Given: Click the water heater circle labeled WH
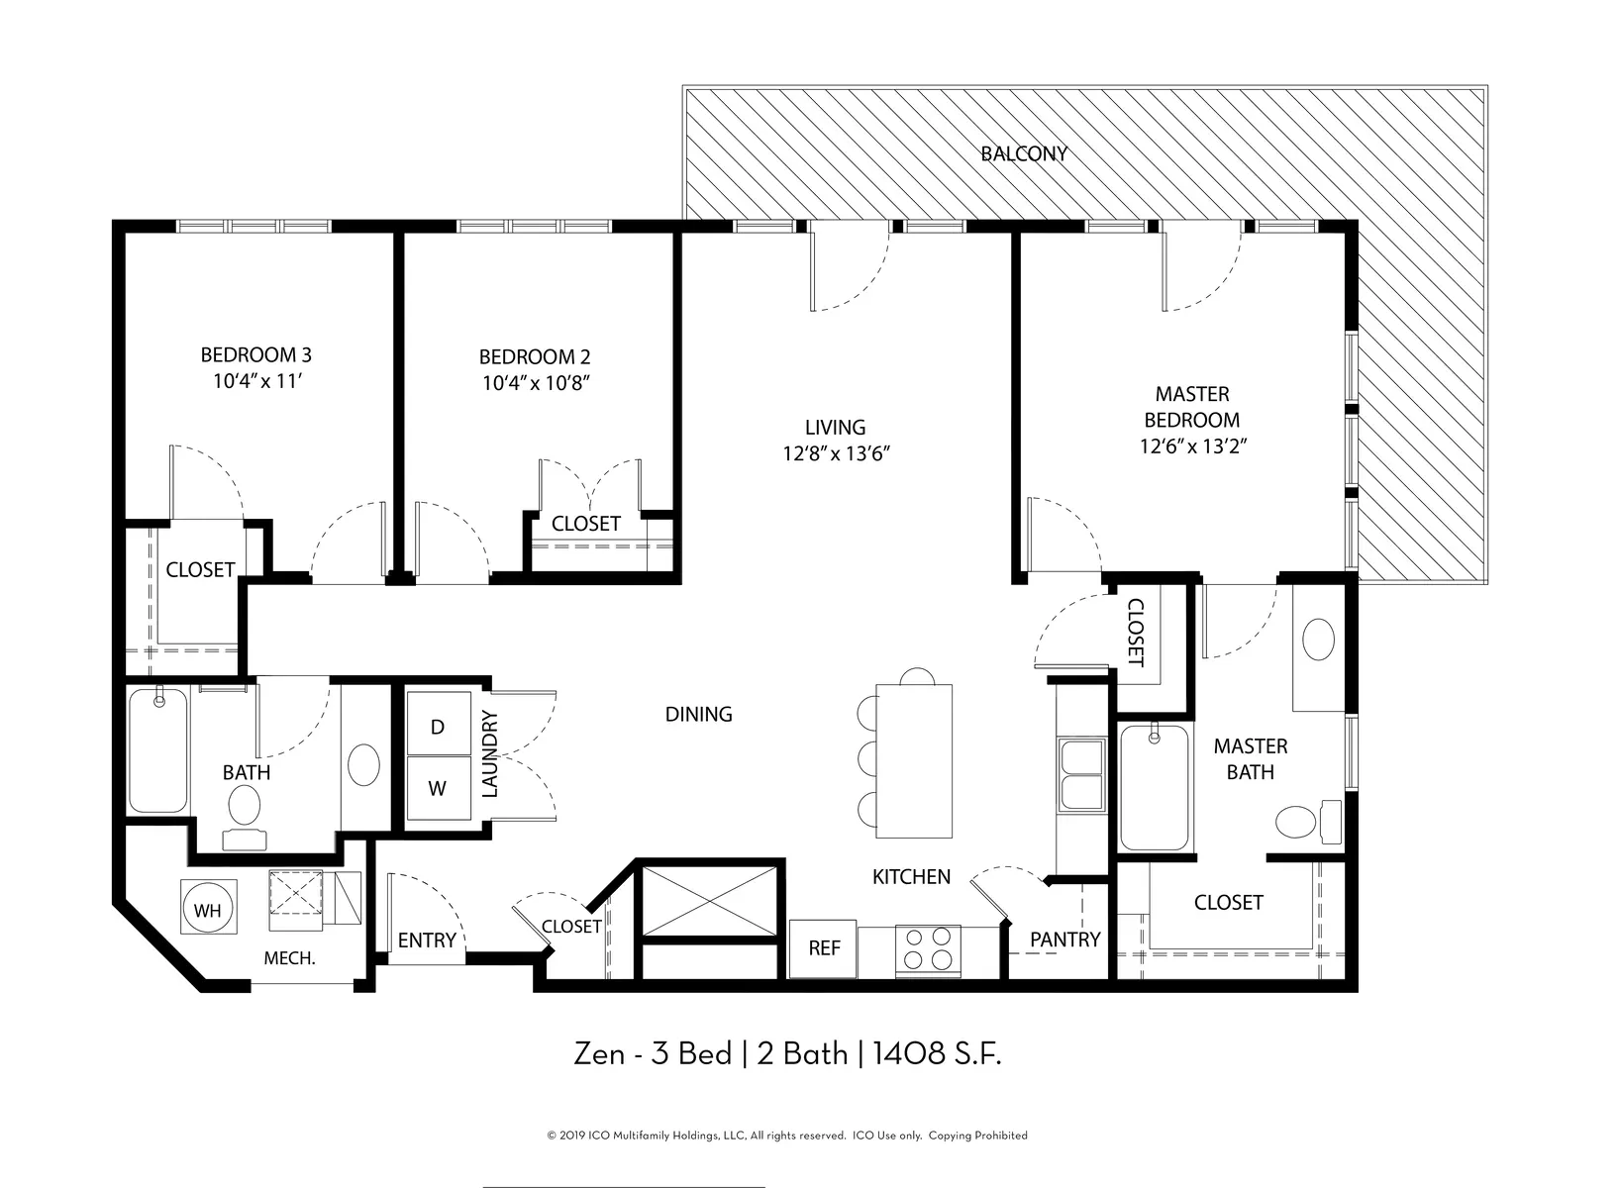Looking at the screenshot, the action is (208, 909).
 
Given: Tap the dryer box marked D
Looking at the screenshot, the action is (439, 724).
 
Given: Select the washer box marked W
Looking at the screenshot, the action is (439, 788).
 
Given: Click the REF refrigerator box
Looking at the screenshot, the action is (823, 948).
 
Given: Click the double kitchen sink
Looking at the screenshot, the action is (1082, 774).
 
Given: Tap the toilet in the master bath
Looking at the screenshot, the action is (1308, 822).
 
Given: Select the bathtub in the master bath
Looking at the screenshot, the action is (1155, 788).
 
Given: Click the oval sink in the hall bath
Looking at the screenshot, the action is (363, 764).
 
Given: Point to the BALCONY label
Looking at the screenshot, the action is (1023, 154).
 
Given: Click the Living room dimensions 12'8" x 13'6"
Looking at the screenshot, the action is (836, 454).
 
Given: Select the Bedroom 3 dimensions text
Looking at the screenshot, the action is (256, 381).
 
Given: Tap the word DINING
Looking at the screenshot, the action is (699, 715).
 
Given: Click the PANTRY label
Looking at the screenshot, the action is (1065, 940).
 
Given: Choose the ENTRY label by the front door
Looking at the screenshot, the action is (427, 940).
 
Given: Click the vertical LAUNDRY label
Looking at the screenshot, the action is (490, 754).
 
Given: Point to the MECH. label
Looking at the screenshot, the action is (289, 958).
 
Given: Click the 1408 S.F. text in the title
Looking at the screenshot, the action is (937, 1054).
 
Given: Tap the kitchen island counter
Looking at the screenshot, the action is (914, 760).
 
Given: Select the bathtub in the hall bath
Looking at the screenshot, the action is (158, 749).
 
